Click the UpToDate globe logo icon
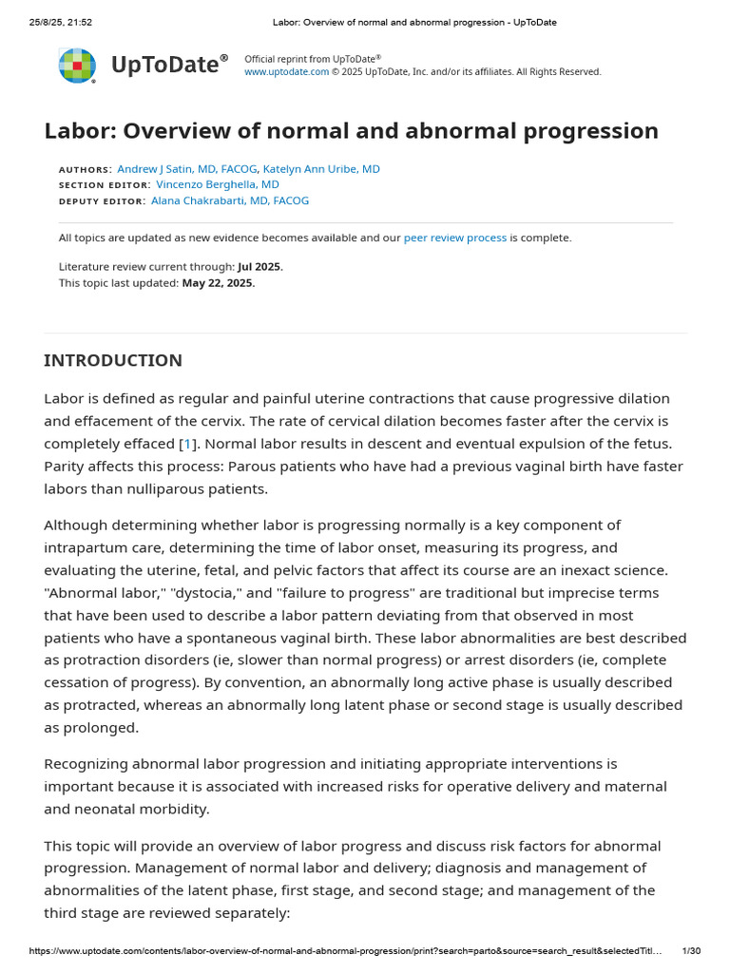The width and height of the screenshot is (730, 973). (77, 66)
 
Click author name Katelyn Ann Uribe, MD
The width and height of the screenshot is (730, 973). (321, 169)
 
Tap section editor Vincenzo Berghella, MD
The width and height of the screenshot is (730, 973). (218, 184)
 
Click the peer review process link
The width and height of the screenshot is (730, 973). (455, 238)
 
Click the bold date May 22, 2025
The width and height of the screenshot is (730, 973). (219, 282)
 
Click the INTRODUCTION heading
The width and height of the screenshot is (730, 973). (113, 361)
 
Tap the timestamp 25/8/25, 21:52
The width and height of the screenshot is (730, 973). (61, 22)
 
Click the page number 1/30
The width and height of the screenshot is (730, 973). (691, 951)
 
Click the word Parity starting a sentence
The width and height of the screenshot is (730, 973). (67, 467)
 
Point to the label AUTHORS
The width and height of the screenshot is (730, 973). (85, 169)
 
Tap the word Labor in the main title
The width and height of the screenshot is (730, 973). (80, 131)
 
